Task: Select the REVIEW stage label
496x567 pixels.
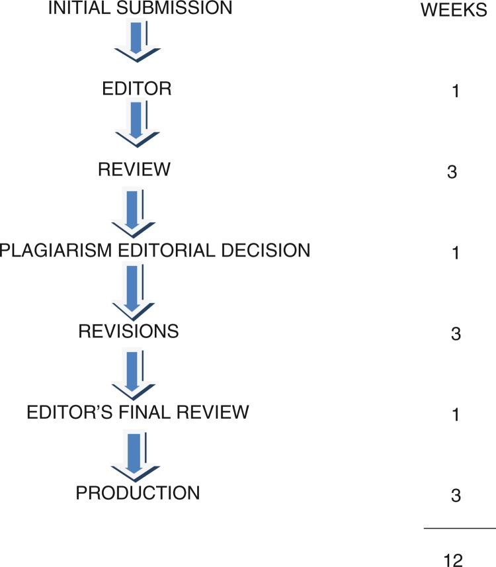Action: pyautogui.click(x=134, y=170)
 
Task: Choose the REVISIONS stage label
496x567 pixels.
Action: pyautogui.click(x=128, y=331)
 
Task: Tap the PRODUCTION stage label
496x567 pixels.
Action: pyautogui.click(x=138, y=494)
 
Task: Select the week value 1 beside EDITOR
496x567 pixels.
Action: pyautogui.click(x=455, y=91)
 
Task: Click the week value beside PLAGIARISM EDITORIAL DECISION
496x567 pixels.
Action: pyautogui.click(x=455, y=253)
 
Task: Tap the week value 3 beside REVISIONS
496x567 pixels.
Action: pyautogui.click(x=454, y=333)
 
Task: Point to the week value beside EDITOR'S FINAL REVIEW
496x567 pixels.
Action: pyautogui.click(x=455, y=414)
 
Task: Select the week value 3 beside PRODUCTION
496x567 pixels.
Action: pyautogui.click(x=454, y=496)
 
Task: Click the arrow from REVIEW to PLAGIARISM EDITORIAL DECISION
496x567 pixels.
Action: pyautogui.click(x=134, y=210)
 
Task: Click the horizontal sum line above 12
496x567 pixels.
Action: pyautogui.click(x=459, y=529)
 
